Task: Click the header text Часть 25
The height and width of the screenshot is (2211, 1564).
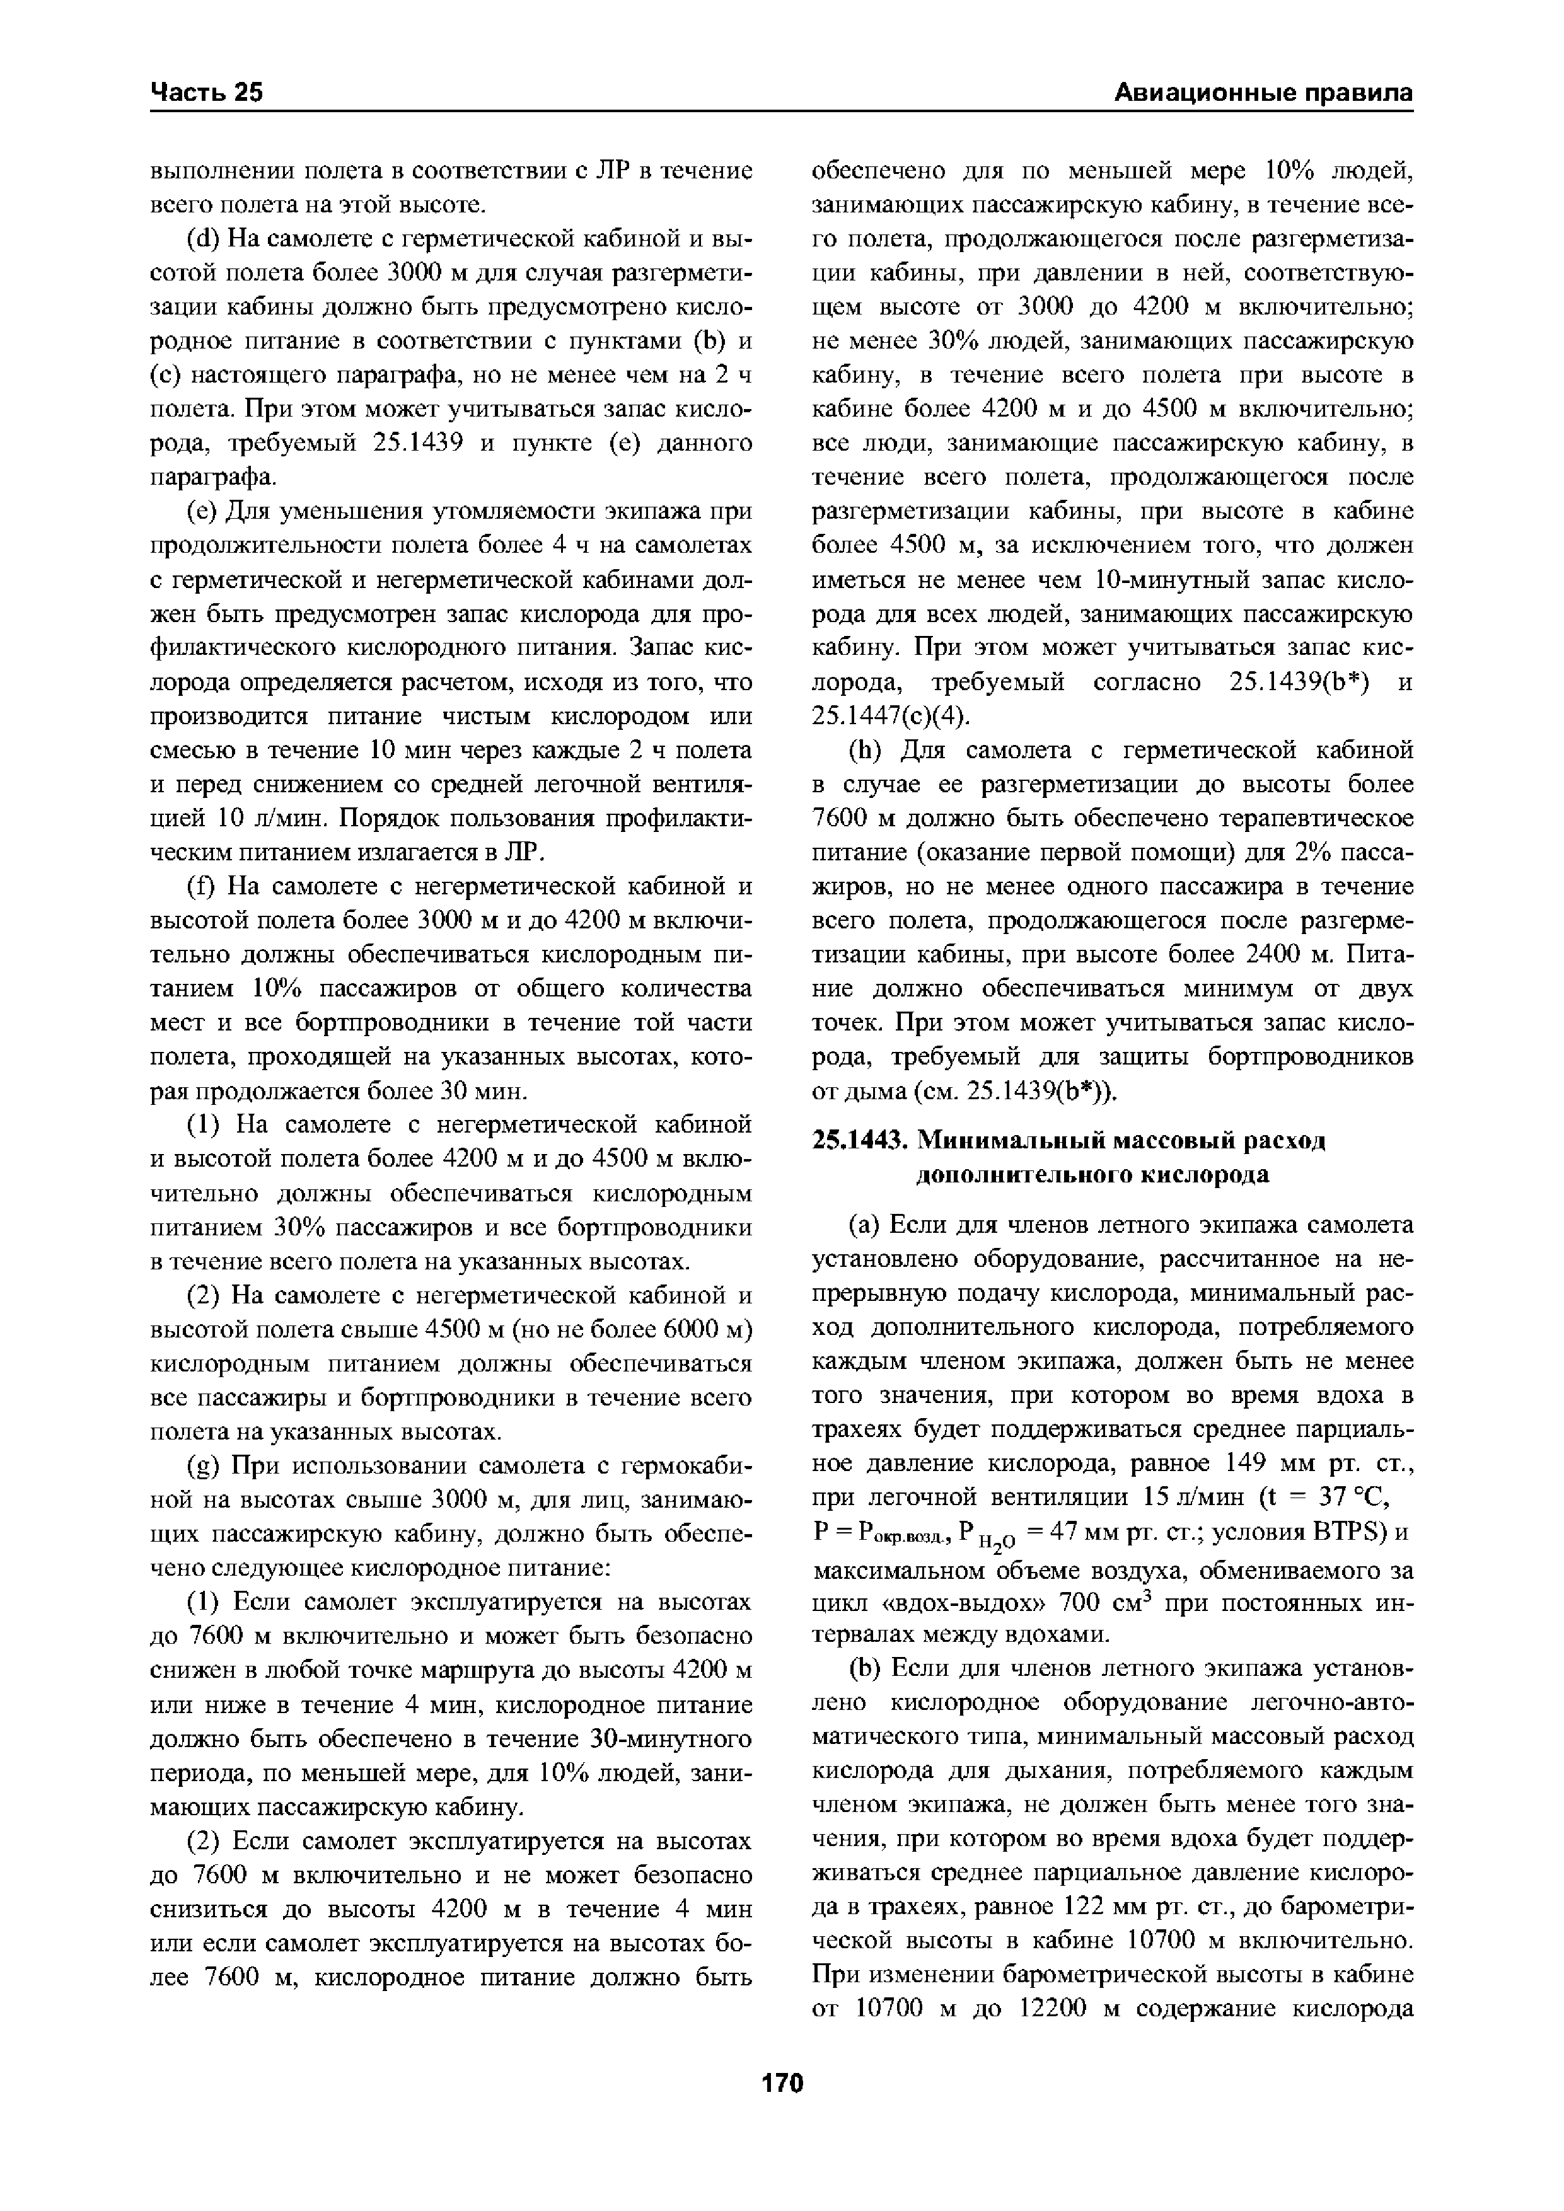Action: click(x=206, y=93)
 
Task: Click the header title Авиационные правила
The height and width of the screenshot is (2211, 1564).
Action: click(x=1263, y=93)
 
